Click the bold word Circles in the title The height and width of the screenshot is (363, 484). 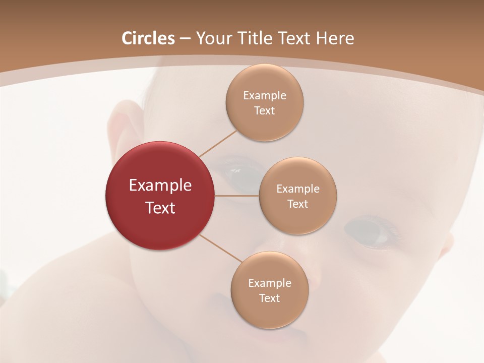[x=148, y=38]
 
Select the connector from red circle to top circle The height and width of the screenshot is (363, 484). [x=217, y=143]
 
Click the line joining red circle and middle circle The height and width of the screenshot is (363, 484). [x=236, y=196]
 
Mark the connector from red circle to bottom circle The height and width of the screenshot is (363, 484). [x=220, y=248]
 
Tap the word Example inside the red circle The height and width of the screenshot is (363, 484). [x=160, y=186]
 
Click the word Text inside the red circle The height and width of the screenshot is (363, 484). [x=160, y=208]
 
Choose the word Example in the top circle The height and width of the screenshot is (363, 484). [x=264, y=96]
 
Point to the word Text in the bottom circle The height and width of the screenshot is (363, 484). [x=269, y=298]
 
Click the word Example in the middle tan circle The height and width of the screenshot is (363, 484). [x=297, y=189]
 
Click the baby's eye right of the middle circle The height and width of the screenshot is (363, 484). [x=368, y=231]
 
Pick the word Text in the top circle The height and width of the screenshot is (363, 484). [x=264, y=110]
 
